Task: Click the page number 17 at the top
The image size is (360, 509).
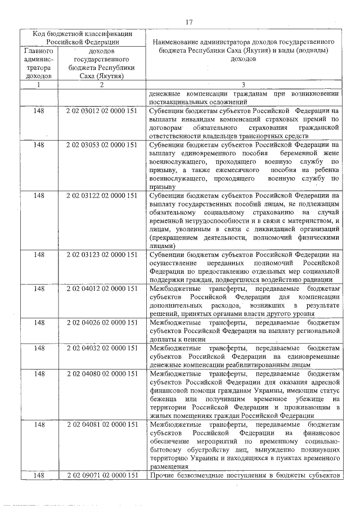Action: [x=188, y=22]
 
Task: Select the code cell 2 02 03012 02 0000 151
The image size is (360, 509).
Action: [x=102, y=112]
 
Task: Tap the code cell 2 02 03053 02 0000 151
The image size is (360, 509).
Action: [x=102, y=145]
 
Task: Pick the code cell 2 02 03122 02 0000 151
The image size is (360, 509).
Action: [x=102, y=195]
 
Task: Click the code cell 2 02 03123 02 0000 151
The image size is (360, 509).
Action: [x=102, y=255]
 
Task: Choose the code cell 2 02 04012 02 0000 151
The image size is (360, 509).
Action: [x=102, y=289]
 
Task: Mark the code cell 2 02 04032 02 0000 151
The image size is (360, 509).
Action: [x=102, y=348]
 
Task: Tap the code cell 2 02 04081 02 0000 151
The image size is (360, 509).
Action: [x=102, y=425]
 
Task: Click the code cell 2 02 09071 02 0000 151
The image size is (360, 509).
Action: [x=102, y=476]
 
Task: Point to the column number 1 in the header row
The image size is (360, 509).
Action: [x=39, y=85]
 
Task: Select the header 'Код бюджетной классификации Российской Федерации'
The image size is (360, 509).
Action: [x=82, y=37]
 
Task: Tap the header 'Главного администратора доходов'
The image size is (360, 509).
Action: [x=39, y=62]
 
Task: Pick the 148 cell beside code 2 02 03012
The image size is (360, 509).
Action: [x=39, y=112]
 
